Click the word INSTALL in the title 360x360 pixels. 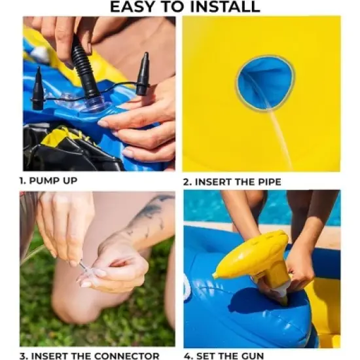point(225,7)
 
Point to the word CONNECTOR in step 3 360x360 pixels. point(127,356)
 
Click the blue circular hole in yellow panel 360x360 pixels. point(266,83)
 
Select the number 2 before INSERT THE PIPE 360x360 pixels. point(187,182)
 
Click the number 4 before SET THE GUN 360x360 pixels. point(188,356)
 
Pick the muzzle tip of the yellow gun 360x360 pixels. point(215,276)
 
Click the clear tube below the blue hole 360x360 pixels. point(281,137)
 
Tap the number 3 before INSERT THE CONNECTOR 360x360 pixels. point(22,356)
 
